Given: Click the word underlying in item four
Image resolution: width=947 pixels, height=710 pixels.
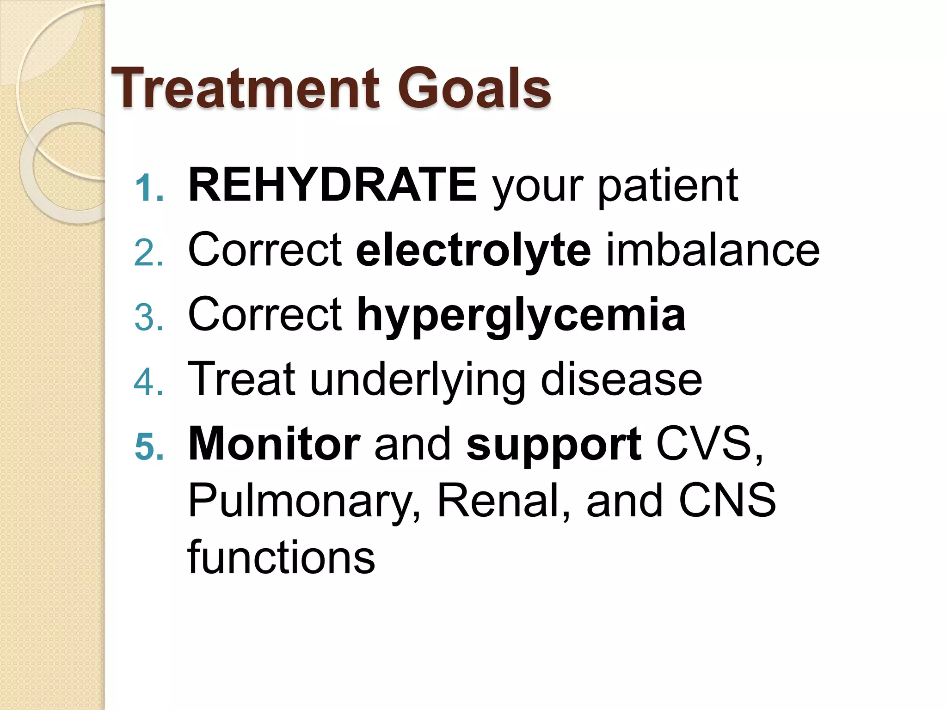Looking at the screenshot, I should pos(417,380).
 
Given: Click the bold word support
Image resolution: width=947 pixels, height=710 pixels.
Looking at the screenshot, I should pos(553,445).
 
